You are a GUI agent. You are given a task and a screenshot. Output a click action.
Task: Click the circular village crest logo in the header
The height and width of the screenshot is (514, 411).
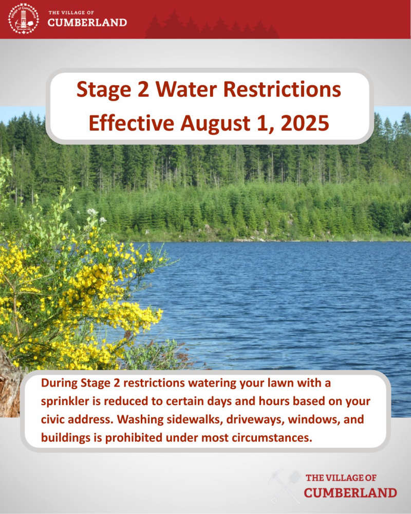pyautogui.click(x=23, y=19)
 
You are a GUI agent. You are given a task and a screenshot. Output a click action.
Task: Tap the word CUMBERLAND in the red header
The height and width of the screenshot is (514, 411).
pyautogui.click(x=87, y=23)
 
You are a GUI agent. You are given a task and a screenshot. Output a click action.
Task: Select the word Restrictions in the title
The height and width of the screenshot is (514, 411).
pyautogui.click(x=282, y=89)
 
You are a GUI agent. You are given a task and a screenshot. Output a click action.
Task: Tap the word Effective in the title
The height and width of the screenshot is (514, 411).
pyautogui.click(x=132, y=123)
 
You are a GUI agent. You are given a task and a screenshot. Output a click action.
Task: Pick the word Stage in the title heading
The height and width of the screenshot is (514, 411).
pyautogui.click(x=104, y=90)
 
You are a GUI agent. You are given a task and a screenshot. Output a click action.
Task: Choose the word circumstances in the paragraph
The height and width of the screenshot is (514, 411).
pyautogui.click(x=272, y=438)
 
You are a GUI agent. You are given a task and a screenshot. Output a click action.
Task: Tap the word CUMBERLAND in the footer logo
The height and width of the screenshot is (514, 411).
pyautogui.click(x=350, y=493)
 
